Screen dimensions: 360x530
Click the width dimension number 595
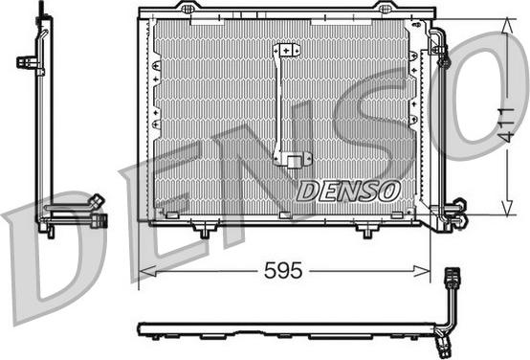(x=283, y=271)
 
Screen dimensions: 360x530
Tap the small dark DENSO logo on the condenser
(x=346, y=190)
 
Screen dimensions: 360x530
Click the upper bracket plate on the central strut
(x=286, y=51)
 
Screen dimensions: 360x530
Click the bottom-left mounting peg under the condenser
(x=203, y=231)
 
